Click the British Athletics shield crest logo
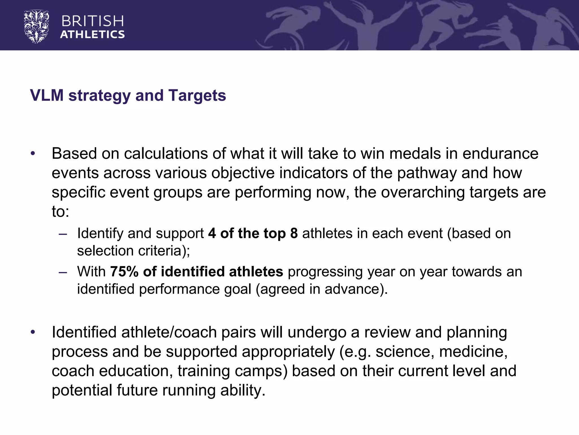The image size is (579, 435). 36,27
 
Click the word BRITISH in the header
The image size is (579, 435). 92,21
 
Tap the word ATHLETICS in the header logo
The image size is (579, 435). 92,35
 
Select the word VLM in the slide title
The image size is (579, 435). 47,95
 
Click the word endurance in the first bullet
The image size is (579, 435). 500,154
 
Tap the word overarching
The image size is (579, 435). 423,192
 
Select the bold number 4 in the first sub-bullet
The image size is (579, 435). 212,234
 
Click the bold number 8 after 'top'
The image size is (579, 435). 294,234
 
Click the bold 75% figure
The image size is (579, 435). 124,272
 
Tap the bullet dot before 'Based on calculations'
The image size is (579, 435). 33,154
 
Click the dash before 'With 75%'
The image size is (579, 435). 63,272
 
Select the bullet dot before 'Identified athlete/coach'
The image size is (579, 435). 33,332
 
